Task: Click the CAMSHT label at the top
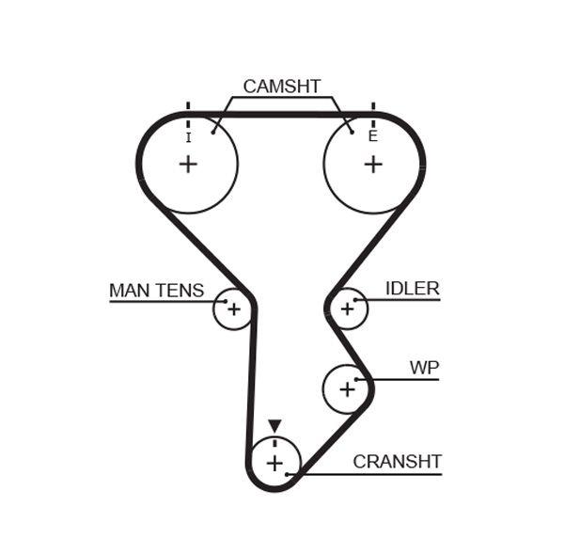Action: [281, 87]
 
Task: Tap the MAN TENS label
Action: [156, 291]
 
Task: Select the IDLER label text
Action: [412, 289]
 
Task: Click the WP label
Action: [424, 367]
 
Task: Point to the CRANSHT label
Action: [397, 462]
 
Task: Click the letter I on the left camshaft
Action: [188, 137]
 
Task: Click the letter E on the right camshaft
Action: [373, 136]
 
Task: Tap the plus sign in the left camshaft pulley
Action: [188, 165]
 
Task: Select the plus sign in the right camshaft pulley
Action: [373, 165]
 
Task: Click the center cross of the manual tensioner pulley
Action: [233, 309]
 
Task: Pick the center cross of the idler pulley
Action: [347, 308]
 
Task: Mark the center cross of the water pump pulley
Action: [347, 388]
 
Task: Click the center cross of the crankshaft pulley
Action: [274, 463]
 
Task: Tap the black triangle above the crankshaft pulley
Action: [274, 426]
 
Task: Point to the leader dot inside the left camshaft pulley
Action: [214, 132]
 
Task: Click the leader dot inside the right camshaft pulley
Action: [352, 132]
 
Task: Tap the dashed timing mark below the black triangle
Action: [274, 440]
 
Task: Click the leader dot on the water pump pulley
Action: [357, 379]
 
